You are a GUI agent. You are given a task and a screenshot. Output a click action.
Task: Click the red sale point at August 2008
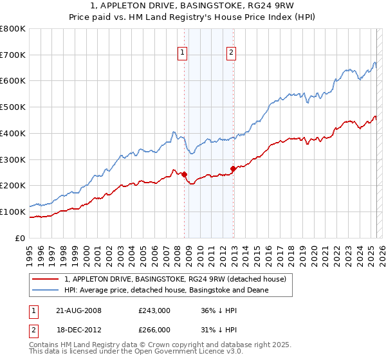(x=184, y=174)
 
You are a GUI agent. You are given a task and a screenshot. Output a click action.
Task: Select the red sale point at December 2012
(x=233, y=168)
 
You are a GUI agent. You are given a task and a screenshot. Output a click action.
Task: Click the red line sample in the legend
(x=46, y=279)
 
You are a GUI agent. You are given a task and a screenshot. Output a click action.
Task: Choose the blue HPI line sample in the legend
(x=46, y=290)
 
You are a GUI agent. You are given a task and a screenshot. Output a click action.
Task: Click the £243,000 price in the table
(x=154, y=310)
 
